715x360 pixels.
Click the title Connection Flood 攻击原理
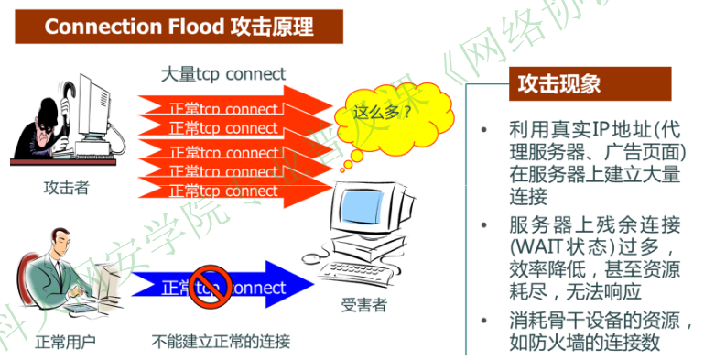click(179, 27)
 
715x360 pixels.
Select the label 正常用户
click(65, 344)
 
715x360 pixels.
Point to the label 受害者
click(363, 305)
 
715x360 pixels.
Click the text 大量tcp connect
click(222, 73)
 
